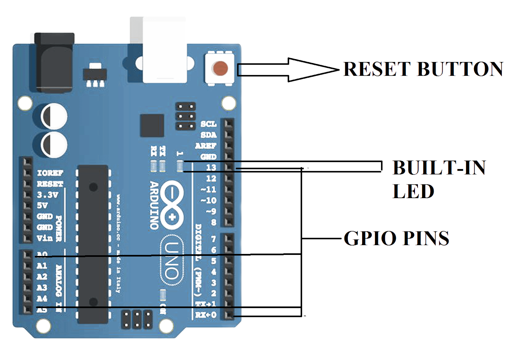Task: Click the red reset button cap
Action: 221,68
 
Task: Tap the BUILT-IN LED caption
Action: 438,179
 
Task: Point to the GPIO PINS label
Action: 396,238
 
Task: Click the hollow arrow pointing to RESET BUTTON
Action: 287,70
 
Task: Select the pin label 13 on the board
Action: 211,167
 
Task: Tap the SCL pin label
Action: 208,124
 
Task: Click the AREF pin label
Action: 206,146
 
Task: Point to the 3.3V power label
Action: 47,195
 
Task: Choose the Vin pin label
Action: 45,238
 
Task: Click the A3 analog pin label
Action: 42,288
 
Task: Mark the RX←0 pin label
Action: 206,315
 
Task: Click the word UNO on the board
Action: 172,260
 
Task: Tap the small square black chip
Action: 152,126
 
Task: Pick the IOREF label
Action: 50,173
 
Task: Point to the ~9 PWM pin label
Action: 211,211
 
